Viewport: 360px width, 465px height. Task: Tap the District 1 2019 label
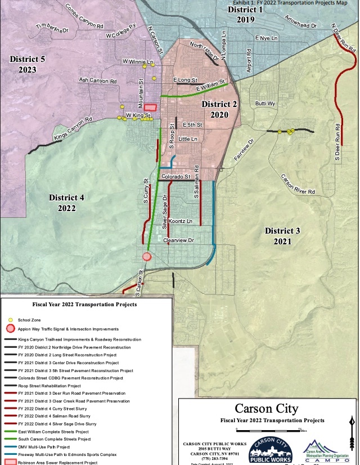click(x=245, y=14)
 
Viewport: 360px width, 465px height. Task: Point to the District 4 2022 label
click(x=66, y=203)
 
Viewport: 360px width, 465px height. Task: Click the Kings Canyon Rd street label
click(x=73, y=129)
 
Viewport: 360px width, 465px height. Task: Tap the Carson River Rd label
click(x=298, y=184)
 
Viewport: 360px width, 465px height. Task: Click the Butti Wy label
click(x=265, y=104)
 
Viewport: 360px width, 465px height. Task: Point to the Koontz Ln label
click(x=180, y=221)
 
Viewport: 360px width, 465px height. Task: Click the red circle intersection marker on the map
click(x=147, y=256)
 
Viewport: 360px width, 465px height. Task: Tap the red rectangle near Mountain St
click(x=150, y=107)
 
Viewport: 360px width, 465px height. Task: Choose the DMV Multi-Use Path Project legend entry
click(x=46, y=446)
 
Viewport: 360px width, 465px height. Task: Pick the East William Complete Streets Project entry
click(x=54, y=431)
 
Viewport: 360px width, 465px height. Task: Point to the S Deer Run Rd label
click(x=337, y=139)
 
